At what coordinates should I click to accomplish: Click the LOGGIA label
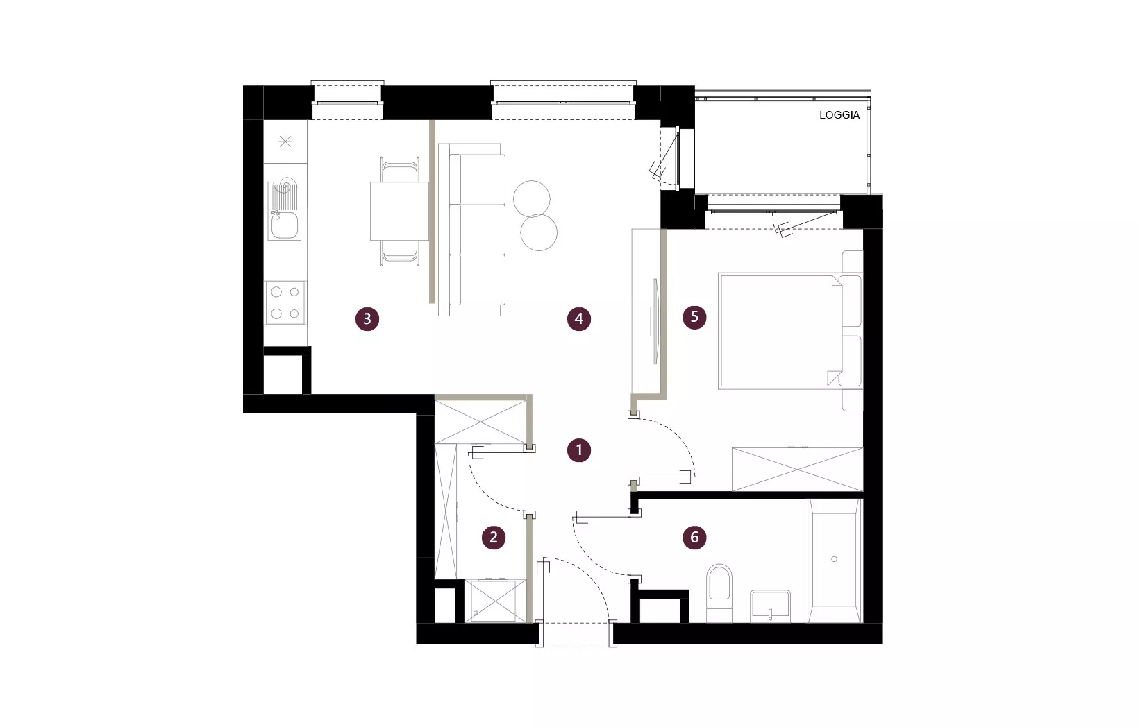pos(839,115)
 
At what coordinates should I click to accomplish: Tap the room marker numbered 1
pos(578,450)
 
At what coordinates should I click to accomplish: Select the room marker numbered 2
pos(493,537)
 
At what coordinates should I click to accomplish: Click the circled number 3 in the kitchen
pos(367,319)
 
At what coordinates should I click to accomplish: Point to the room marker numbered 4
pos(578,319)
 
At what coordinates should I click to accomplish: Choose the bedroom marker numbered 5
pos(694,317)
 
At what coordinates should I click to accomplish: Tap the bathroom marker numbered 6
pos(694,537)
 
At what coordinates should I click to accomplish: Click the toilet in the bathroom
pos(719,593)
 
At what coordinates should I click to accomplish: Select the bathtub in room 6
pos(835,561)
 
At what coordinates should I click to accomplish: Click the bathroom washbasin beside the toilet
pos(770,606)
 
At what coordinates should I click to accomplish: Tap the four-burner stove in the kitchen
pos(285,303)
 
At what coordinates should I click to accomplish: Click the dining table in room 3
pos(400,211)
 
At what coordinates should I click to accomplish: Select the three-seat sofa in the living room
pos(472,230)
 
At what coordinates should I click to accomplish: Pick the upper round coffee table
pos(531,198)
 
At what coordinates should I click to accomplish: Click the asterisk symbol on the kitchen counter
pos(285,142)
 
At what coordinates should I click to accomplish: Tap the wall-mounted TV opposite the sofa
pos(655,321)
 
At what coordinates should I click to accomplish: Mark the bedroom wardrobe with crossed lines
pos(797,469)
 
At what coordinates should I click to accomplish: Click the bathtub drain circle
pos(834,559)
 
